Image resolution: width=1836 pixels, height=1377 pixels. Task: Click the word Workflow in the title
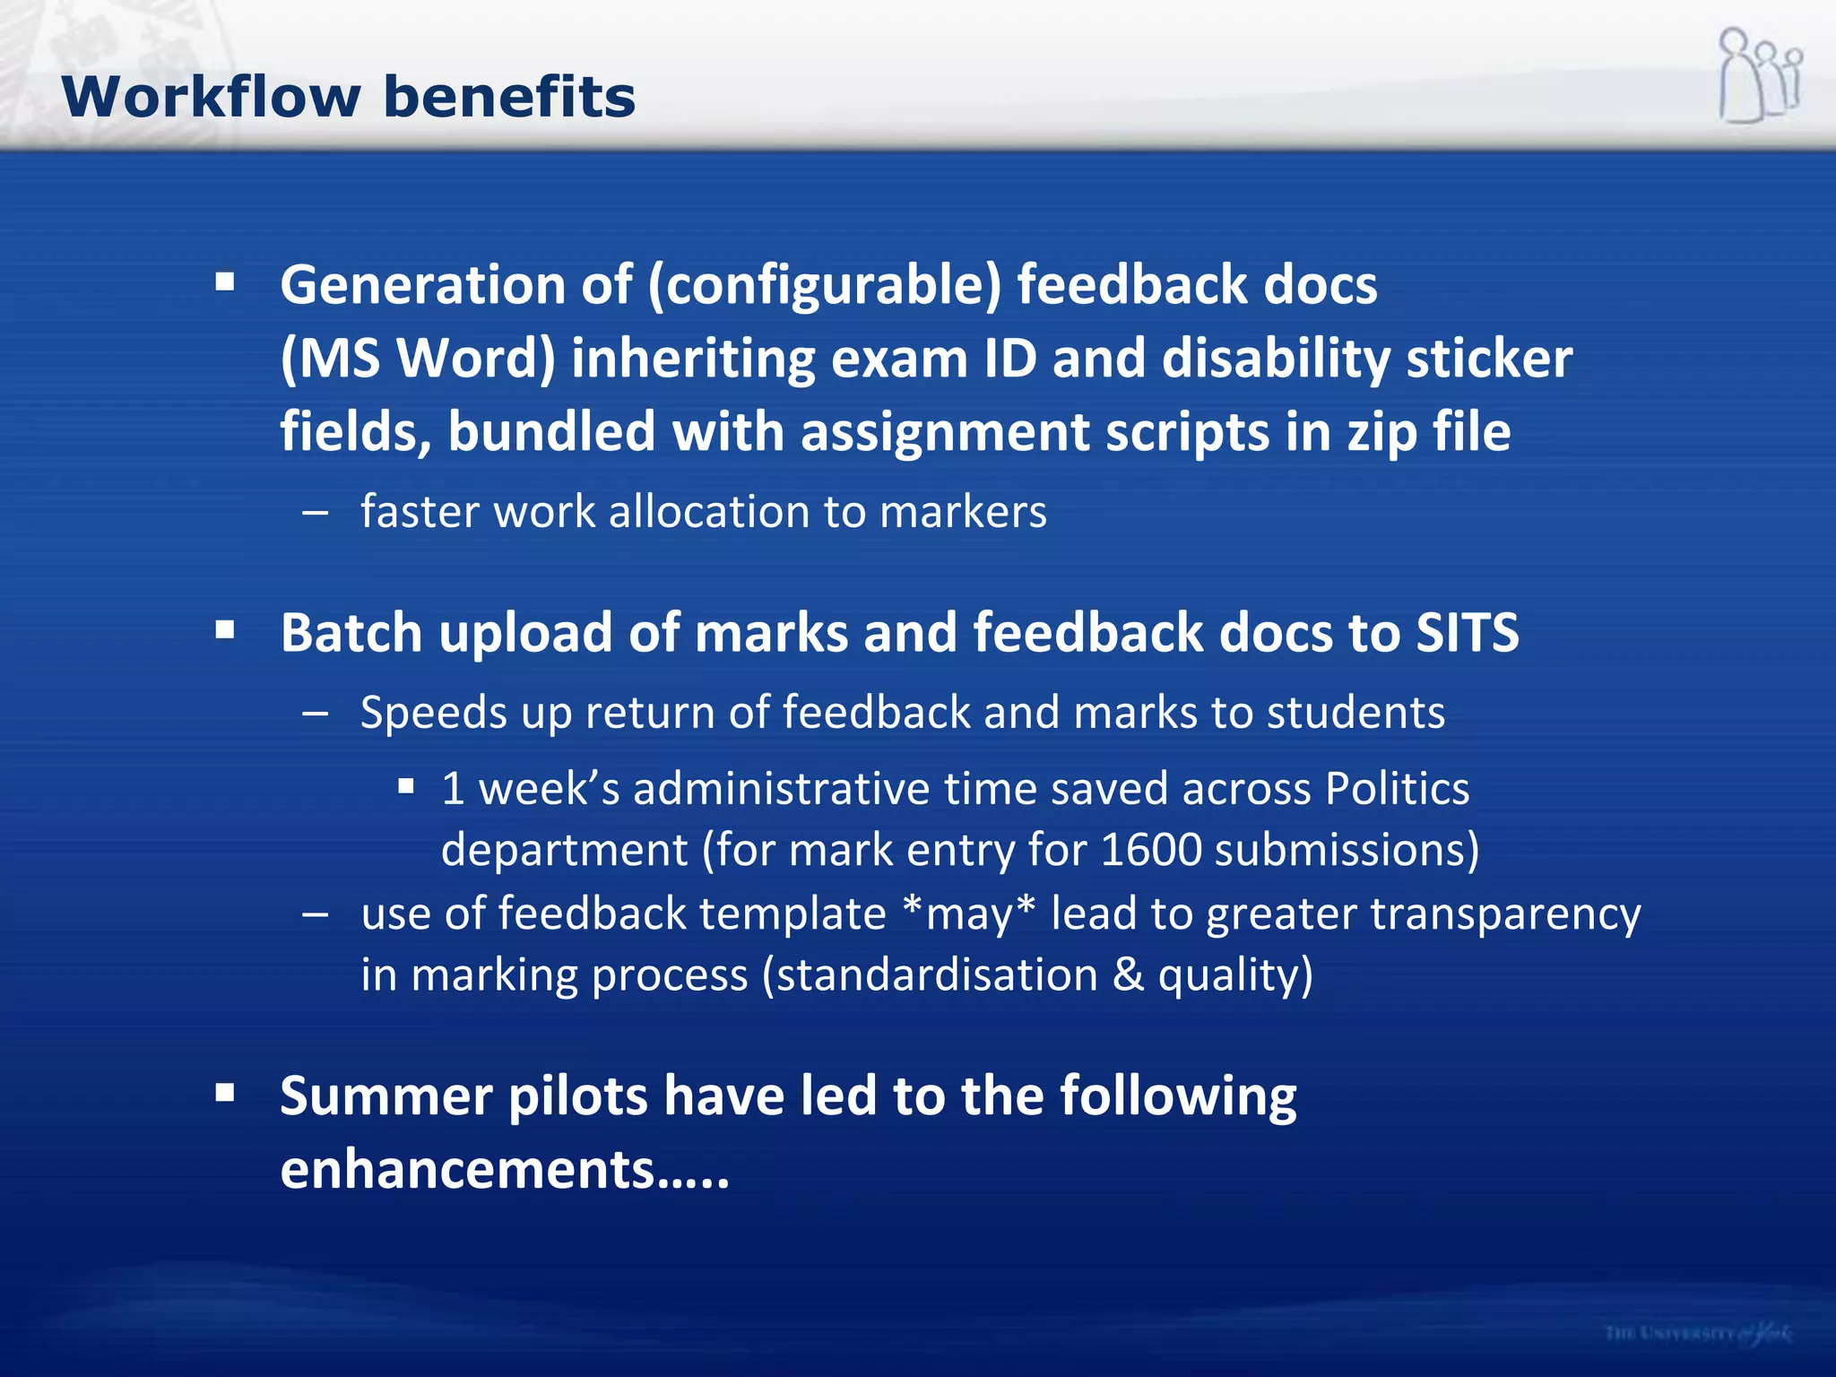click(211, 97)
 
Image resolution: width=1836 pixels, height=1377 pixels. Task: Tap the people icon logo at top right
click(1760, 75)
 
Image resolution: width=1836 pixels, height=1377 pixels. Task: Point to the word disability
click(1276, 359)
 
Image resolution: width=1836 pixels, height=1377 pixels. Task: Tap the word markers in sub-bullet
click(963, 512)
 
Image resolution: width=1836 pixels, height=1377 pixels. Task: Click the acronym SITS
click(1467, 633)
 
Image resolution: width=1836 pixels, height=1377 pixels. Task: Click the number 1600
click(1150, 850)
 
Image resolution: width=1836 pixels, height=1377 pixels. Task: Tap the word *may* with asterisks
click(969, 914)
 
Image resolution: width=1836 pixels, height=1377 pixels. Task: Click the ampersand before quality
click(1128, 975)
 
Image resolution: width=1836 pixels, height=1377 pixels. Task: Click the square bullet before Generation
click(225, 283)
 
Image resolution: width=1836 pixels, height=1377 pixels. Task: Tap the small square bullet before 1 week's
click(406, 787)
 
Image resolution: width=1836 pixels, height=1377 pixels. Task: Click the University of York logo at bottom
click(1699, 1333)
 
